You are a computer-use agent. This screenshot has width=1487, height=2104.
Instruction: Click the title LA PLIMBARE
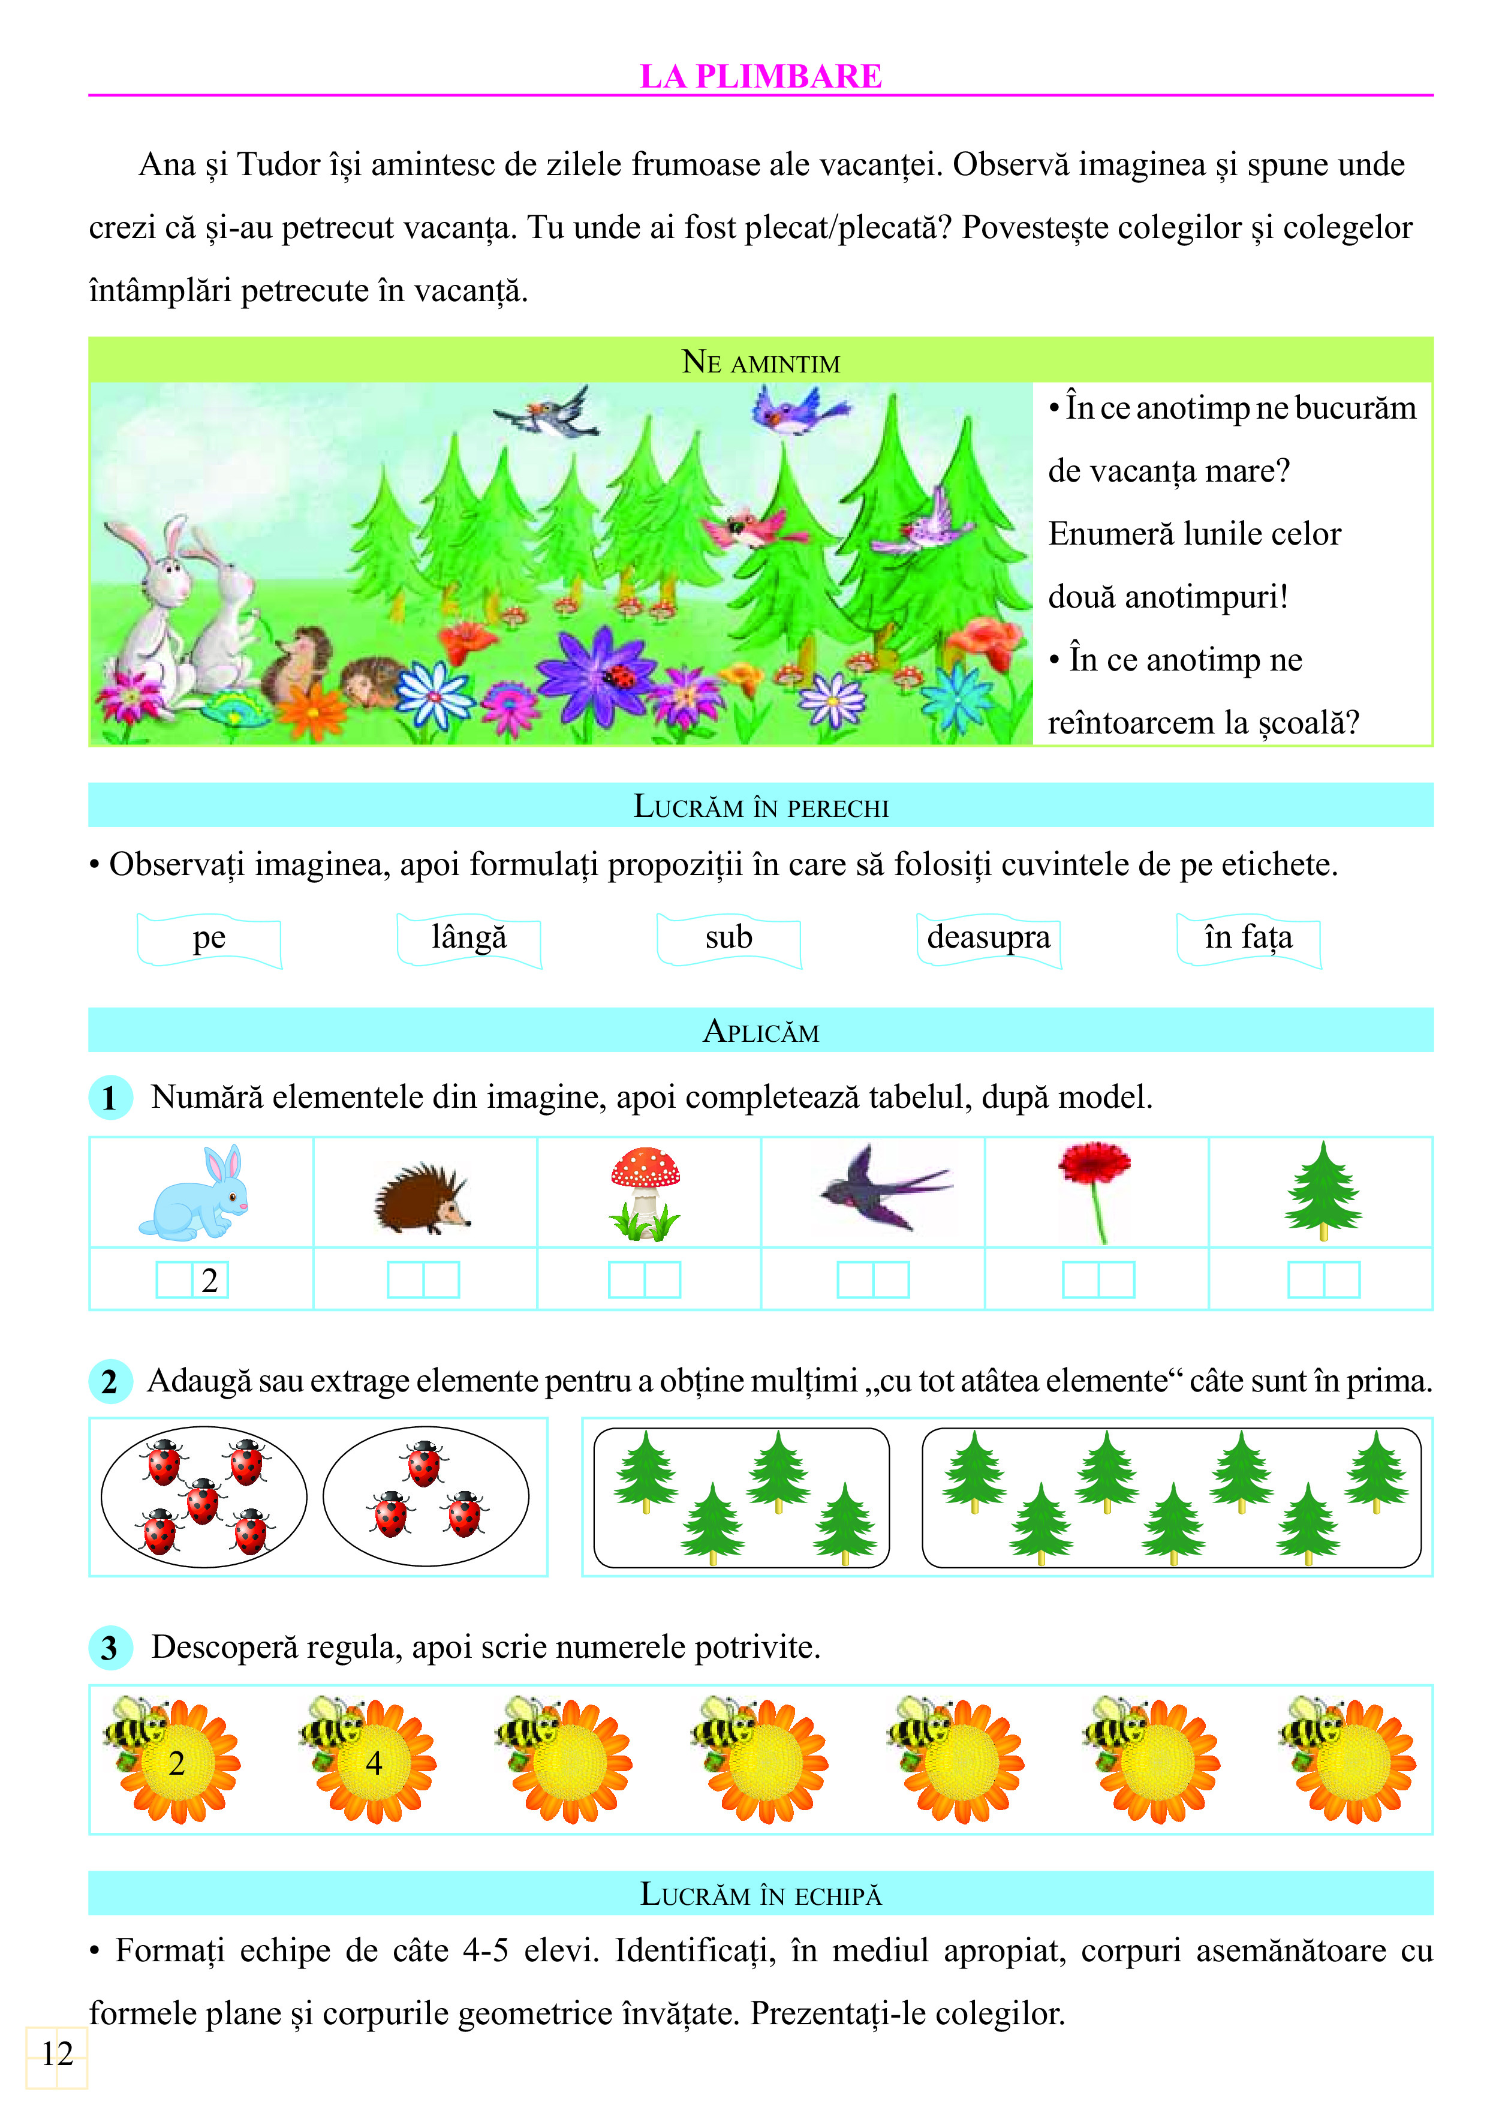point(760,76)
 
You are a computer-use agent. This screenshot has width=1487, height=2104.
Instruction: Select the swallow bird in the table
point(881,1189)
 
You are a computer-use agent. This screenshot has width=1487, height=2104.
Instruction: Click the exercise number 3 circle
point(110,1648)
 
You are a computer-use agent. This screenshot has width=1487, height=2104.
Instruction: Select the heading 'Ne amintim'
point(760,363)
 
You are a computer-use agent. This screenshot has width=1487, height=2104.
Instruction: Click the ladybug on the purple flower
point(622,677)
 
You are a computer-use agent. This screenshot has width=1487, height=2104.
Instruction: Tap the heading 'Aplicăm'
point(760,1032)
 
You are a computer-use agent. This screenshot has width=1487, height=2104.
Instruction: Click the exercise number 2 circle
point(110,1381)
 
